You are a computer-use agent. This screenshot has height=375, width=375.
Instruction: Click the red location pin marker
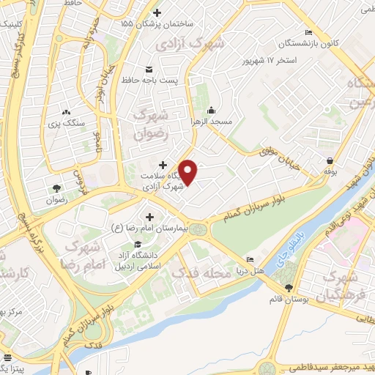point(188,171)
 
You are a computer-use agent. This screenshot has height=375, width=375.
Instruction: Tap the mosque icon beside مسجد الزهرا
point(212,111)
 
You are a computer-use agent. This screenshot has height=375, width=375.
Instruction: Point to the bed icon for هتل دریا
point(251,261)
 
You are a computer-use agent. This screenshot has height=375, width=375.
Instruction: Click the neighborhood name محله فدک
point(200,272)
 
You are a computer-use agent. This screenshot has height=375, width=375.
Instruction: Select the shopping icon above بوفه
point(330,160)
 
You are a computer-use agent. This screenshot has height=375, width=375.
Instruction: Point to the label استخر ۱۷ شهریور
point(292,59)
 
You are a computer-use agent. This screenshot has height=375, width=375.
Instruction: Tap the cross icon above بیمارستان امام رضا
point(150,217)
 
